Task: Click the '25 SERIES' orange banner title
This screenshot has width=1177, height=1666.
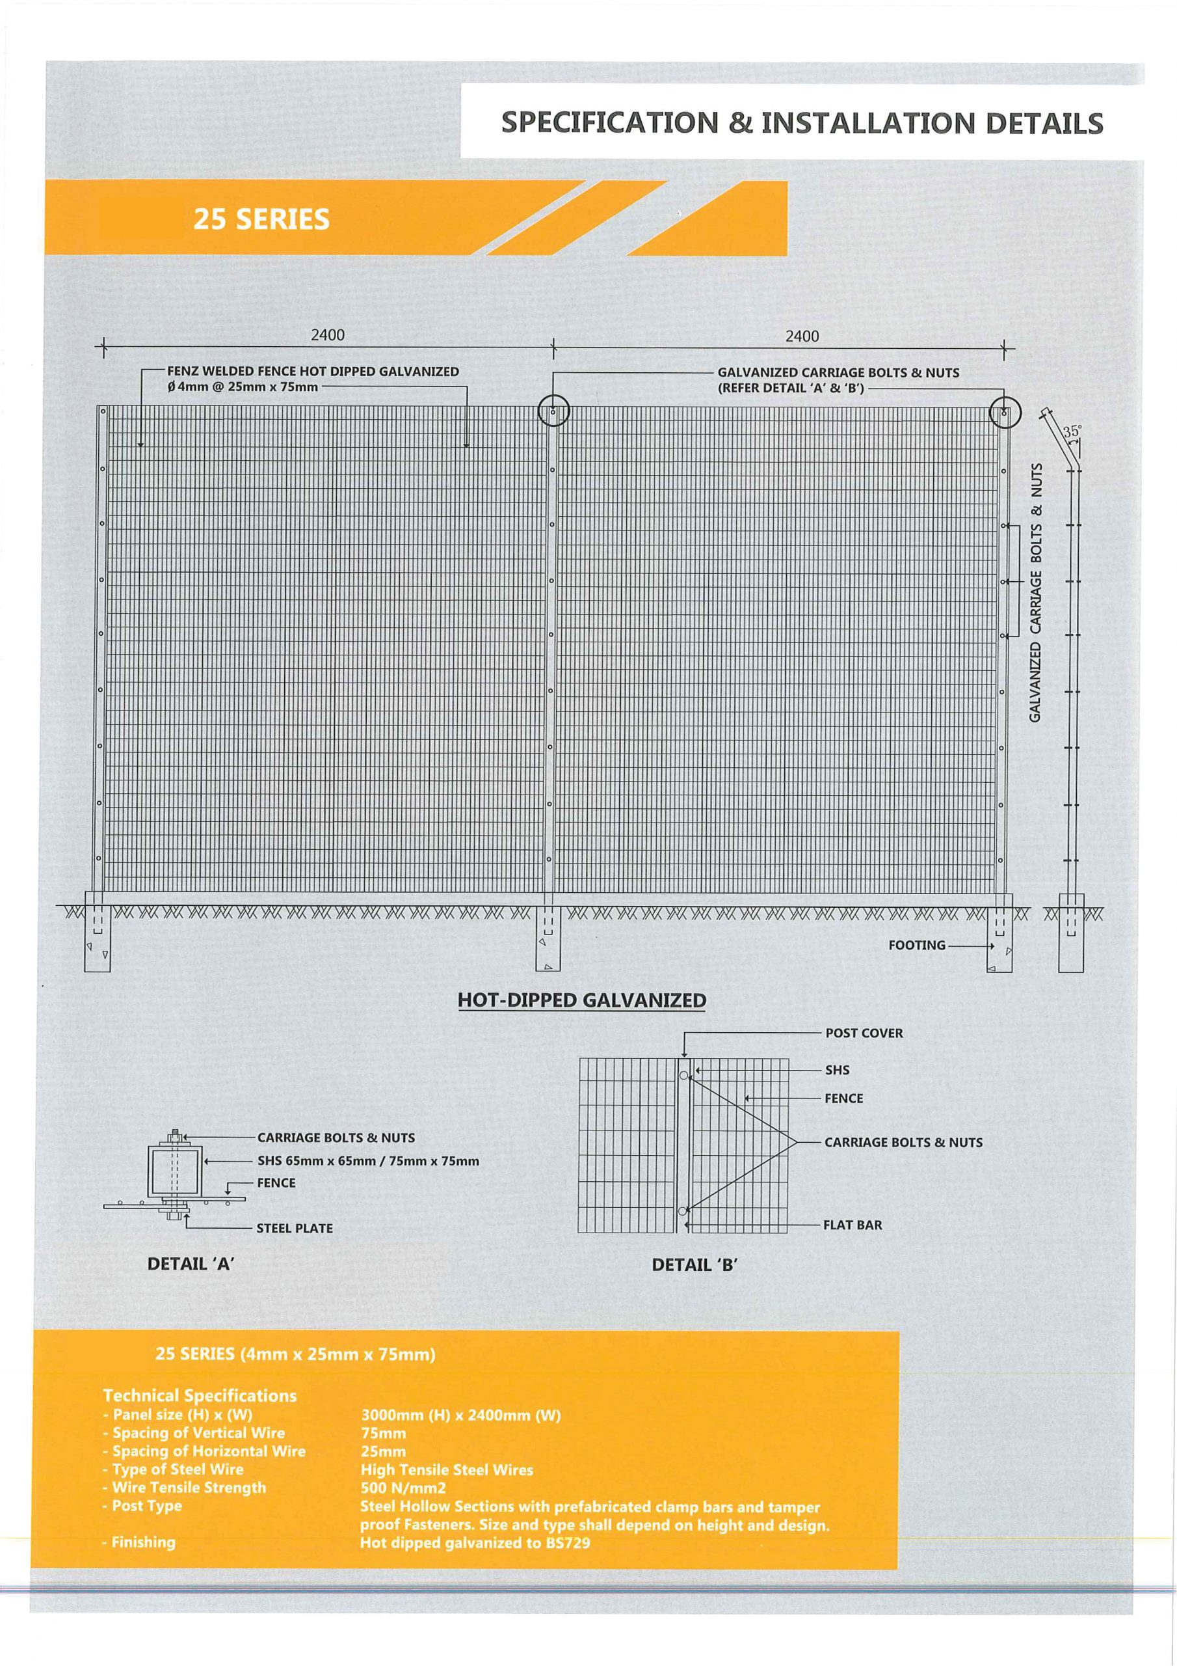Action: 261,219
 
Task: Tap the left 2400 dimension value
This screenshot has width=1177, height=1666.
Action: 328,335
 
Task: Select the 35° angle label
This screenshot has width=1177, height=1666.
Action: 1071,431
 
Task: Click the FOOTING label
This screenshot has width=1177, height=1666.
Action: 917,945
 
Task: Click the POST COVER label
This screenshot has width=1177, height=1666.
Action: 864,1033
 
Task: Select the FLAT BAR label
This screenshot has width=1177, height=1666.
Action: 852,1225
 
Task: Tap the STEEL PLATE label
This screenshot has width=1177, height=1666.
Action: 295,1229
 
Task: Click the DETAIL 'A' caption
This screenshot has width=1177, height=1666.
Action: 190,1264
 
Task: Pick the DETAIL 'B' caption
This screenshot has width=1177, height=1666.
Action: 694,1264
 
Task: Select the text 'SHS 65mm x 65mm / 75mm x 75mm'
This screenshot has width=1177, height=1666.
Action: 367,1161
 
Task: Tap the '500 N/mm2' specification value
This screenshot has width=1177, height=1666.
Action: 403,1488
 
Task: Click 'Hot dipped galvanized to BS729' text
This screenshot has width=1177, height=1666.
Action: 475,1542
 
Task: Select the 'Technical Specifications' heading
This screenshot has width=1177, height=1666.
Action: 200,1395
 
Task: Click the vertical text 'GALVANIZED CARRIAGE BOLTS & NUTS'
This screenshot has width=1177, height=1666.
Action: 1037,592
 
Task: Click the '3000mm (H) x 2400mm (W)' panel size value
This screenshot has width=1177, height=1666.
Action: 460,1415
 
